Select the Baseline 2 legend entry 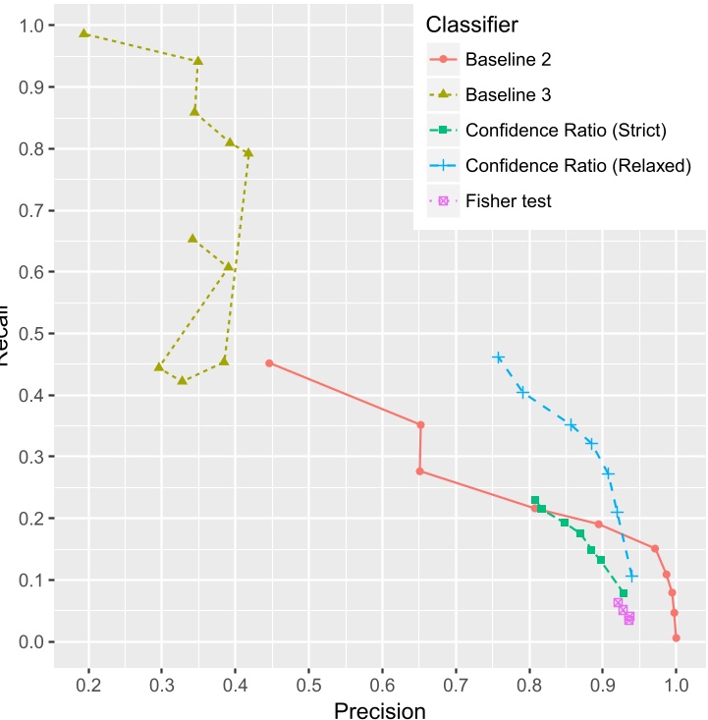(508, 60)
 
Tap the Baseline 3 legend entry (508, 95)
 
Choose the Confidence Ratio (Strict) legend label (566, 130)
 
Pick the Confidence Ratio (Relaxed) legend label (578, 165)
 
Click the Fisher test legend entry (508, 200)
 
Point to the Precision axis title (380, 710)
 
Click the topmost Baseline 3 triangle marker (84, 33)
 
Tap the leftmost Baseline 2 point (269, 363)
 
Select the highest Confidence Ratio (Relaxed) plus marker (498, 358)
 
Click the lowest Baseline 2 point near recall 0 (676, 637)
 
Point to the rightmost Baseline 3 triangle (248, 153)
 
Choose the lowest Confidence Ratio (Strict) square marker (624, 592)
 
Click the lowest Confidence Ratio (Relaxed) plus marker (631, 576)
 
